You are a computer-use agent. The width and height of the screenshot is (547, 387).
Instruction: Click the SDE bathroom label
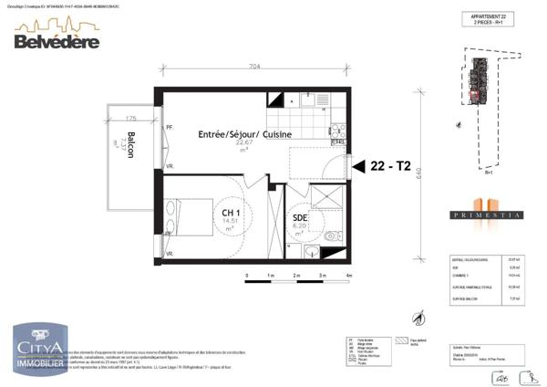(299, 217)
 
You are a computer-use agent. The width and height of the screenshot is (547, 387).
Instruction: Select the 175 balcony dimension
(131, 119)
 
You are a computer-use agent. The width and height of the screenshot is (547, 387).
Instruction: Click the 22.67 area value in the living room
(244, 143)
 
